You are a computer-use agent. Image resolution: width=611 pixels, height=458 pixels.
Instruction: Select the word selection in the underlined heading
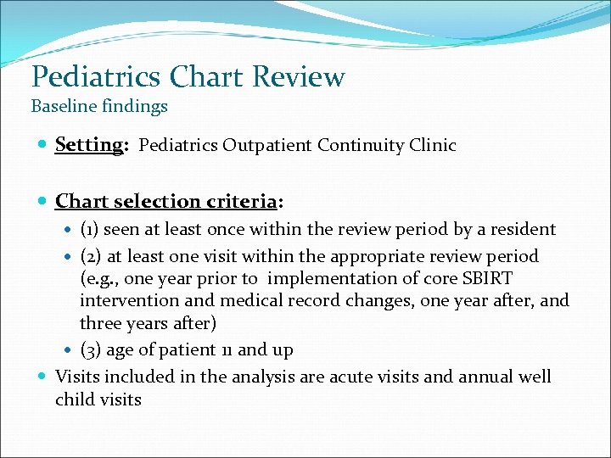point(158,201)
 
